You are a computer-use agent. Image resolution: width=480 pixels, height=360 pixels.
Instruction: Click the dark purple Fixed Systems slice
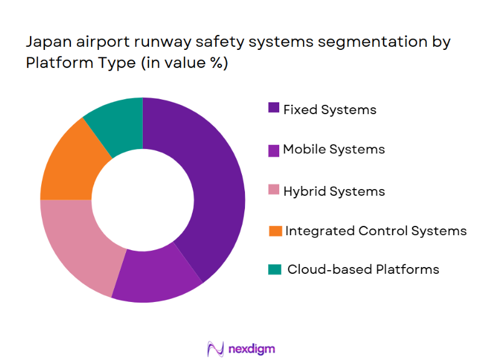(209, 187)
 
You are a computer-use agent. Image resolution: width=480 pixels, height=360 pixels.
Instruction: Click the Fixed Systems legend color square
(274, 109)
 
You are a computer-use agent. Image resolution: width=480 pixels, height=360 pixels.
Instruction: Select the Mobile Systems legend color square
(274, 150)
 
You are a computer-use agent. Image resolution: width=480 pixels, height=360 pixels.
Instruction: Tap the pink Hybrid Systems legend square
(274, 190)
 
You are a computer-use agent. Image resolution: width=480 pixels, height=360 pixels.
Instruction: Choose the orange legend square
(274, 231)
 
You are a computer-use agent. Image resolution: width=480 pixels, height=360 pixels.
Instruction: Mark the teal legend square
(274, 270)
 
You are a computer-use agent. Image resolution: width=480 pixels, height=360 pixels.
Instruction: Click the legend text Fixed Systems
(330, 110)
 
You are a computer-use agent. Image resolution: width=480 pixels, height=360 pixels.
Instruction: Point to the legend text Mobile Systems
(334, 150)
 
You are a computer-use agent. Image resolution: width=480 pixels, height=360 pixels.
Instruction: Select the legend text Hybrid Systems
(334, 191)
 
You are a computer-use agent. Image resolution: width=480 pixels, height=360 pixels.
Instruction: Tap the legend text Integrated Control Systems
(376, 231)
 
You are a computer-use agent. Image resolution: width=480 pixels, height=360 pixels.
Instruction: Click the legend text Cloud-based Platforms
(363, 270)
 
